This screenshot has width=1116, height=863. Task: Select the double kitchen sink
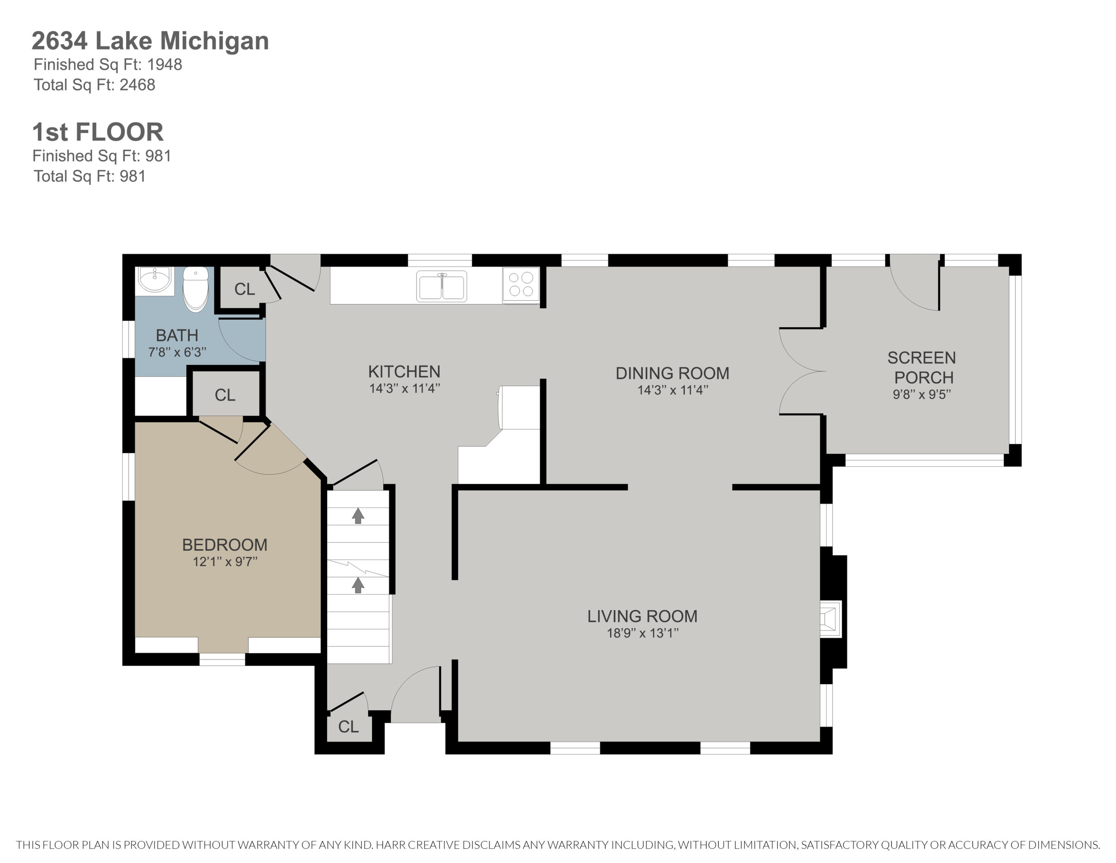click(x=442, y=286)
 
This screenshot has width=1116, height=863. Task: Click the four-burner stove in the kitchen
click(x=521, y=285)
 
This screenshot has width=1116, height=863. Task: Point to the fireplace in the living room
click(x=830, y=619)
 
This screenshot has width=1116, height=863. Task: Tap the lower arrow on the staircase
click(x=358, y=585)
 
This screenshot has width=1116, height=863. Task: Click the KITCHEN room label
click(x=404, y=372)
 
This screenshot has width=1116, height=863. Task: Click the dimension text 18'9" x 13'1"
click(x=642, y=633)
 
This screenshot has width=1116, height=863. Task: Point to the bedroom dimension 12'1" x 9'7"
click(x=225, y=562)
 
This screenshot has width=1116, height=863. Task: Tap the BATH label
click(x=177, y=335)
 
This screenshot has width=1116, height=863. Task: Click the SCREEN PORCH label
click(x=922, y=367)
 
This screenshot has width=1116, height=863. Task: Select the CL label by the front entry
click(x=349, y=726)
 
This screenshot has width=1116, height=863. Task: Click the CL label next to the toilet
click(x=244, y=289)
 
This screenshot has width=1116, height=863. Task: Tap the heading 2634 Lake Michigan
click(x=150, y=41)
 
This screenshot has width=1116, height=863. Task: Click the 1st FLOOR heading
click(x=97, y=132)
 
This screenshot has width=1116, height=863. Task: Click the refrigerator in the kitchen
click(x=520, y=407)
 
